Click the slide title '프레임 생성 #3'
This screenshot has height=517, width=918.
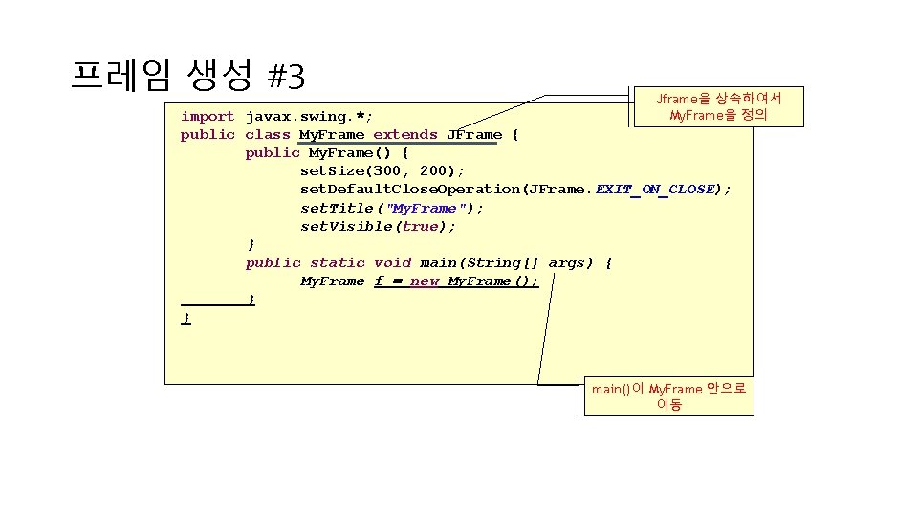187,73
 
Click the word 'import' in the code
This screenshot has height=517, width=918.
208,116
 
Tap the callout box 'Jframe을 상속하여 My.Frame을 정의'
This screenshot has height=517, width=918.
719,106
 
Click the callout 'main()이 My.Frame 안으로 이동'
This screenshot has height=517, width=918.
668,396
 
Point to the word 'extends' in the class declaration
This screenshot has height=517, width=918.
405,134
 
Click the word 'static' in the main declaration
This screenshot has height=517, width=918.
338,262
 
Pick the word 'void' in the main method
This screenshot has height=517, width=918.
392,262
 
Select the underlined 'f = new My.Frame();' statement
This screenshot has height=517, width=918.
456,281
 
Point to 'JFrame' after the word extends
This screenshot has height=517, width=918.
474,134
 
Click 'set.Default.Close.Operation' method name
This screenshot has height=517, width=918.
410,189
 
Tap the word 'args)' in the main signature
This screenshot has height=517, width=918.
571,262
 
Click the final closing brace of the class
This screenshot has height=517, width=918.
186,317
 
